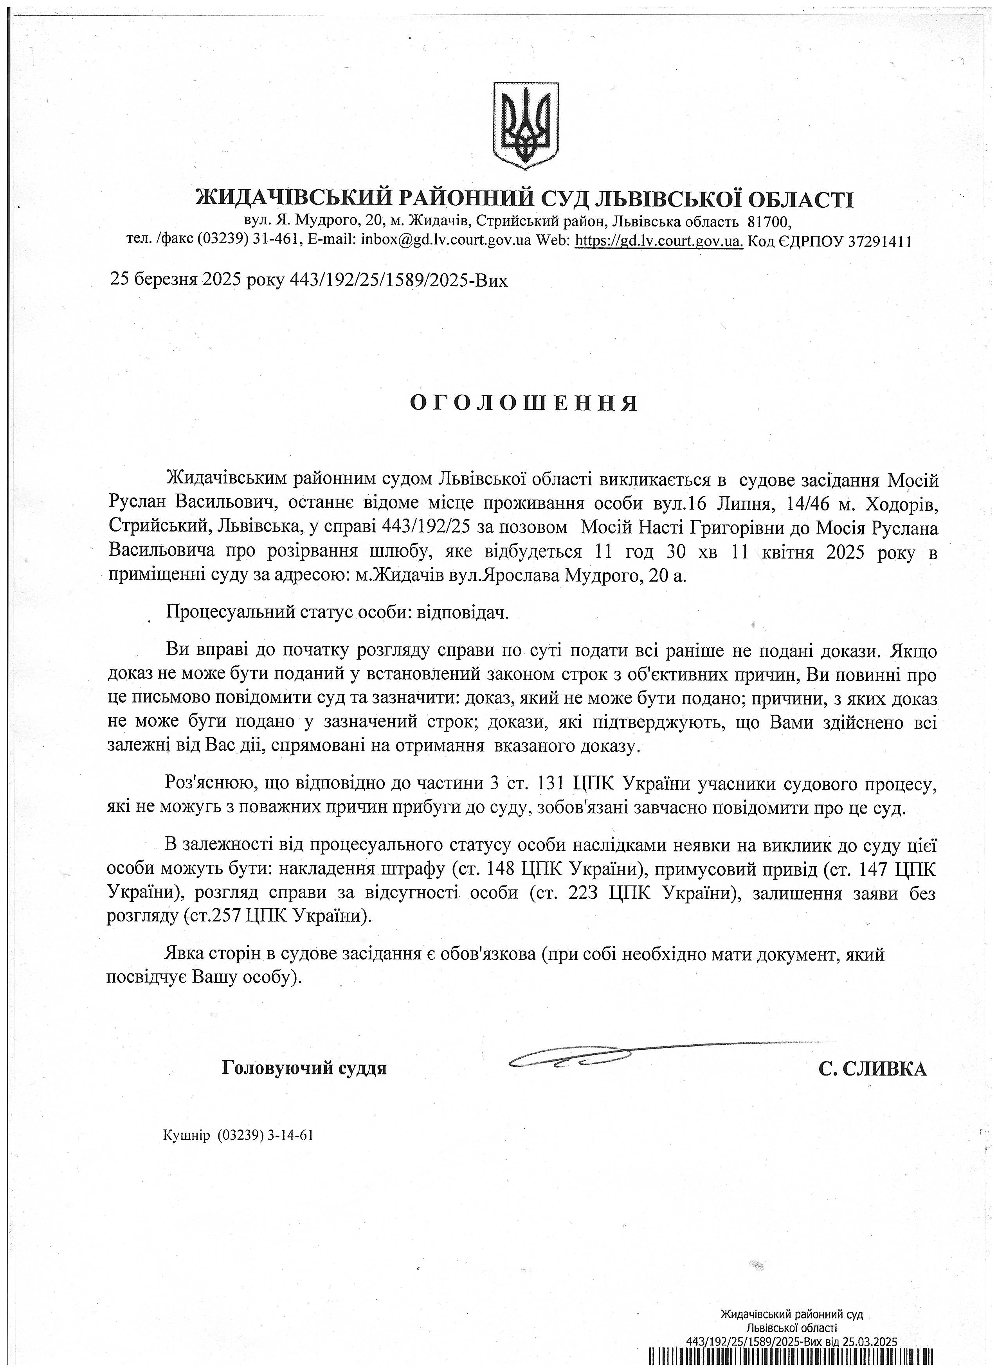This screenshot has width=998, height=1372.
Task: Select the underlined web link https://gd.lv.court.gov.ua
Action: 658,241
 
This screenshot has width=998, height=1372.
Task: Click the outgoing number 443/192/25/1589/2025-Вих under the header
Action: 399,280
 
